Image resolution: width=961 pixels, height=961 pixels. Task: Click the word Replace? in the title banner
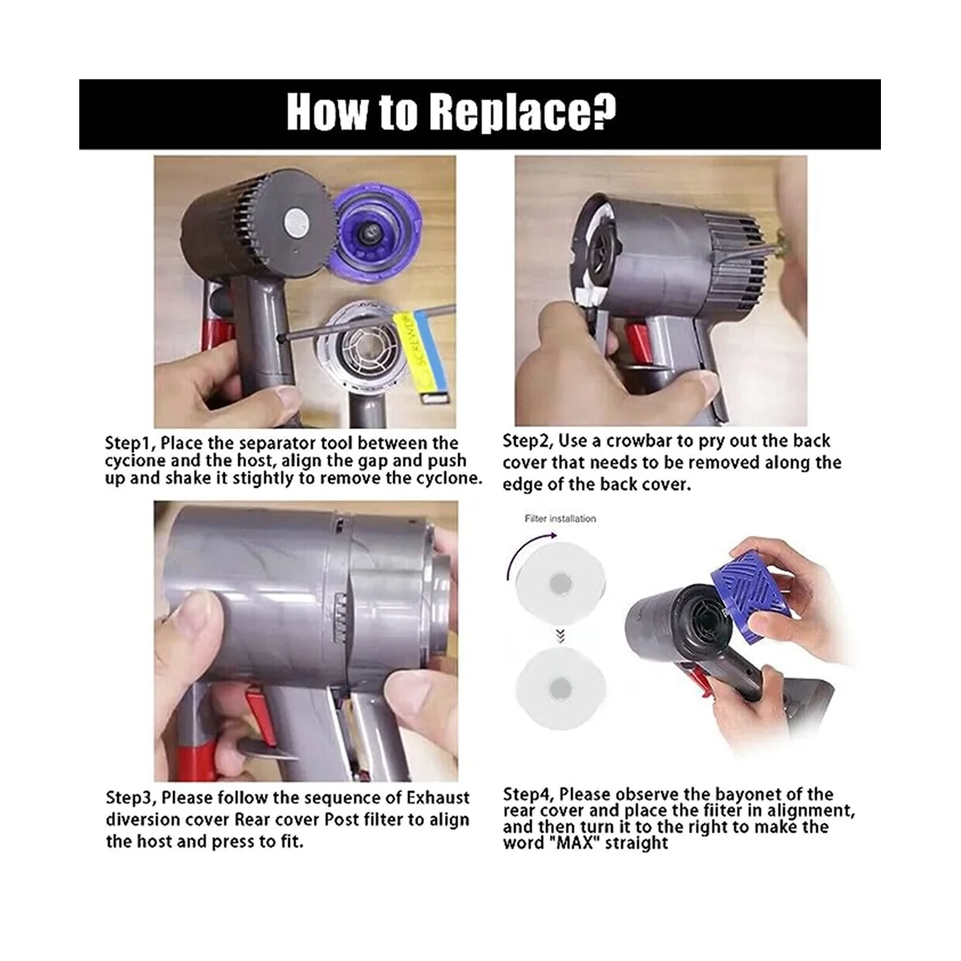pos(523,114)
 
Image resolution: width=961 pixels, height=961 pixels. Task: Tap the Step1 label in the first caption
pos(130,444)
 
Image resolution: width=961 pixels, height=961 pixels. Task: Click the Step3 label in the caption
pos(131,798)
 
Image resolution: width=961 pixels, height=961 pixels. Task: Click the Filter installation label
pos(560,519)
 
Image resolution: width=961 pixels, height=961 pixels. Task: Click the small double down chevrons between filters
pos(560,635)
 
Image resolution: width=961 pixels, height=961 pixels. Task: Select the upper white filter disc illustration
pos(560,582)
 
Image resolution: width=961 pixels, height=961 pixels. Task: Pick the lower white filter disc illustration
pos(560,689)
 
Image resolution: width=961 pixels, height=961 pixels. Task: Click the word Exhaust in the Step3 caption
pos(438,798)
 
